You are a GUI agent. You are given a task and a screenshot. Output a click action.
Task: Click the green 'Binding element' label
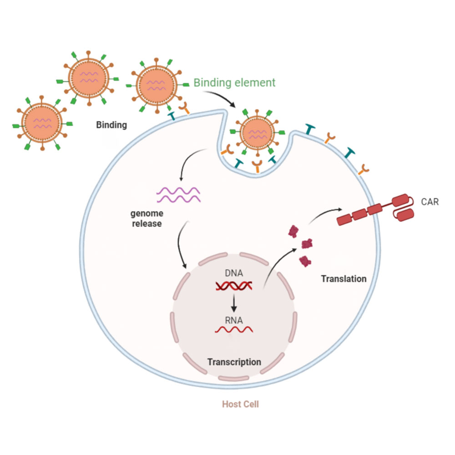[x=234, y=83]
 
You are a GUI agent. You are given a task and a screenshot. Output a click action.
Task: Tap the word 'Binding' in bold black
[x=111, y=125]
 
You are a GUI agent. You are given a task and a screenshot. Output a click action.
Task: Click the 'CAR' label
[x=430, y=202]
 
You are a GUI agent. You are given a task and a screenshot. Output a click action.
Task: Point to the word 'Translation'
[x=344, y=278]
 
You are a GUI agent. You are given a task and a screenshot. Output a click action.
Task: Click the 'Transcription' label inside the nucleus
[x=234, y=362]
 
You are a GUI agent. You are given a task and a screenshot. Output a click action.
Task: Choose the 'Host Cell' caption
[x=240, y=404]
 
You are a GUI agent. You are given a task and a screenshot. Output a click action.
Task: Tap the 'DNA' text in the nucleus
[x=234, y=273]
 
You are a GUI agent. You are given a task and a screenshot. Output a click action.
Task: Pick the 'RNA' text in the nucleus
[x=234, y=320]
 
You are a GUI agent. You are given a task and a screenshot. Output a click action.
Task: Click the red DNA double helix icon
[x=234, y=286]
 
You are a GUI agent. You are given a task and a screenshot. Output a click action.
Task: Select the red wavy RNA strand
[x=234, y=329]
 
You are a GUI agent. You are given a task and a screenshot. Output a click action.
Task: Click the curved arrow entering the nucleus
[x=180, y=246]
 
